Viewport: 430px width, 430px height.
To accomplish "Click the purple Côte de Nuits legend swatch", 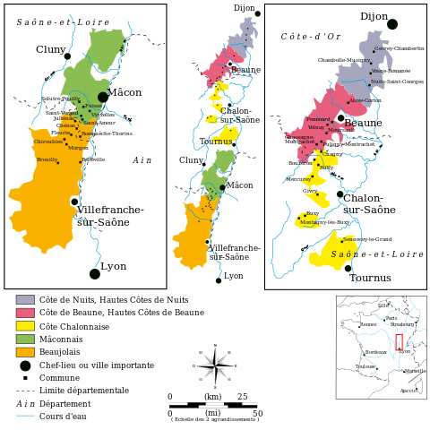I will (25, 300).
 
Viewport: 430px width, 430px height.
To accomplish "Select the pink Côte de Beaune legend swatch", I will (25, 313).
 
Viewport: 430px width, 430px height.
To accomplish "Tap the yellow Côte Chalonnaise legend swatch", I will (25, 326).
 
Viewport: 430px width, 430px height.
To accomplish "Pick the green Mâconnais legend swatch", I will (25, 339).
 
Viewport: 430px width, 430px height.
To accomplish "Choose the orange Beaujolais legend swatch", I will (25, 352).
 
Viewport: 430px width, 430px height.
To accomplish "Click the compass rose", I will (215, 365).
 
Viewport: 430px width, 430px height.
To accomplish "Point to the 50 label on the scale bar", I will (258, 413).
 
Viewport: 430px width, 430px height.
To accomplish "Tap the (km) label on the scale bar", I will (212, 397).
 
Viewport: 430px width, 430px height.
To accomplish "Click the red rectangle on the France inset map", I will (400, 341).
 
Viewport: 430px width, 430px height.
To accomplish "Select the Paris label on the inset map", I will (391, 318).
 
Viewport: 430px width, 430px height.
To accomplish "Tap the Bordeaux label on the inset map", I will (375, 352).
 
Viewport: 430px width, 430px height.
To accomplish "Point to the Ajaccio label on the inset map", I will (408, 391).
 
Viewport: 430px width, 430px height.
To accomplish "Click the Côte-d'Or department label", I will (310, 37).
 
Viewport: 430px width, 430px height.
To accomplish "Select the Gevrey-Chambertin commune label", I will (399, 48).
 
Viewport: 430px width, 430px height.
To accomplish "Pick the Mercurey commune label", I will (298, 179).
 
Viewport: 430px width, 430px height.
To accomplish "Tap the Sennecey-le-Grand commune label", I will (367, 239).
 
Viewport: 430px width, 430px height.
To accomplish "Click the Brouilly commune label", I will (47, 159).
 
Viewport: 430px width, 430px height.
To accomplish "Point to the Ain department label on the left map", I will (142, 160).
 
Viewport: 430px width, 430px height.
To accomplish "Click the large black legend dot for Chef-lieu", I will (25, 365).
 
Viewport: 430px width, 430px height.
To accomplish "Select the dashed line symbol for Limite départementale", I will (25, 391).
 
